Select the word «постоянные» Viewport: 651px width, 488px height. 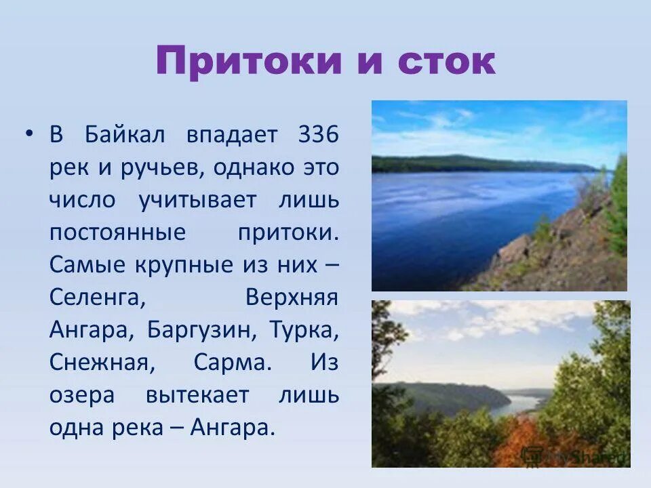[x=117, y=232]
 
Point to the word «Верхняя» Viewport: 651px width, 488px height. [x=291, y=298]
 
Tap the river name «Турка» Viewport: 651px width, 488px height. [x=304, y=330]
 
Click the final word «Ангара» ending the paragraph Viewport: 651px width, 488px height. [x=233, y=428]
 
